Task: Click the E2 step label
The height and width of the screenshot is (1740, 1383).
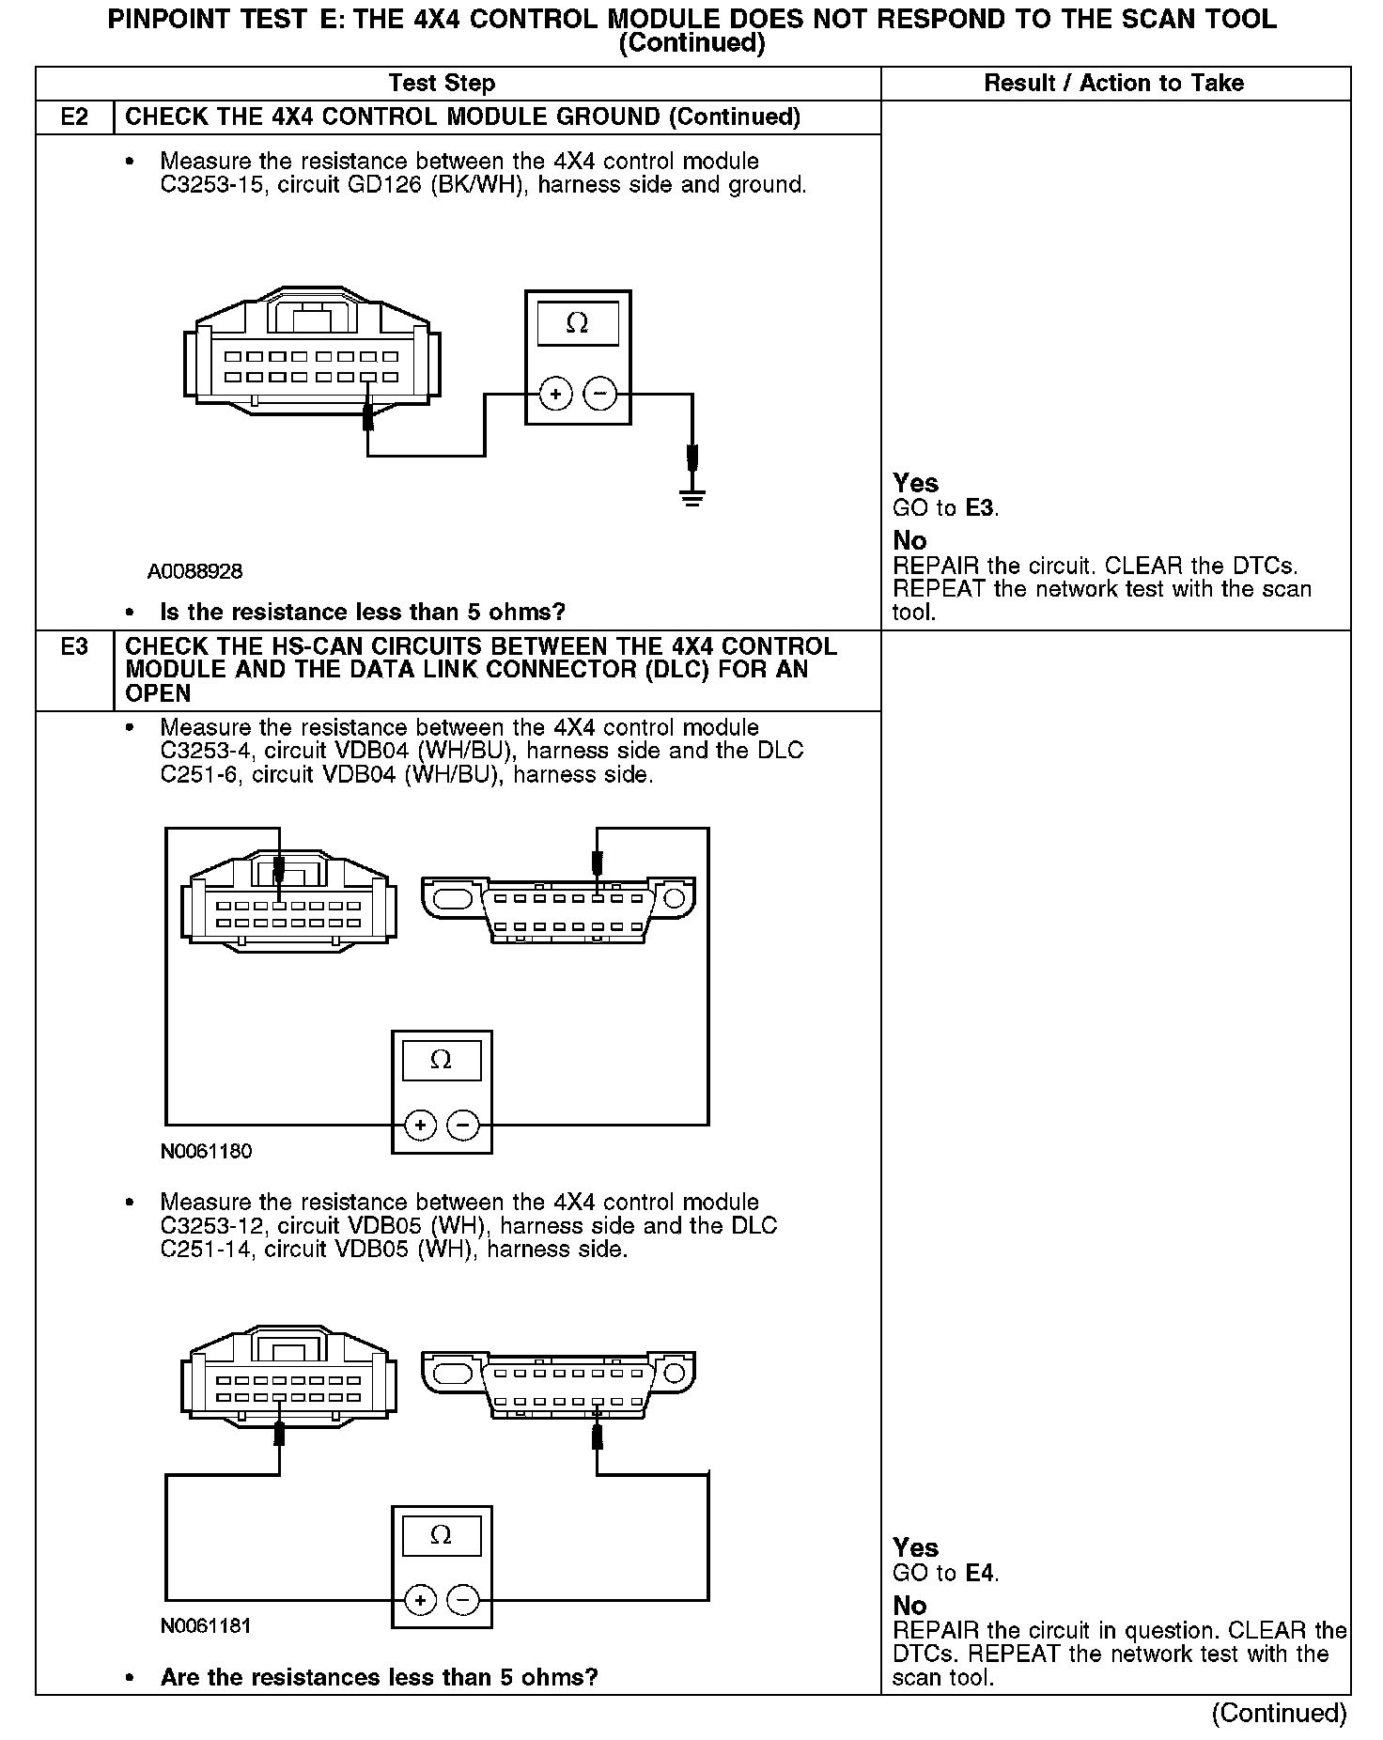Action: (x=74, y=117)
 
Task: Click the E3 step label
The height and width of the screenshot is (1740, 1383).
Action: (x=74, y=646)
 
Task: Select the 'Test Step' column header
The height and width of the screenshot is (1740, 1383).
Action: (x=442, y=84)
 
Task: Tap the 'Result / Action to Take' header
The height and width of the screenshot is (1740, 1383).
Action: (x=1113, y=84)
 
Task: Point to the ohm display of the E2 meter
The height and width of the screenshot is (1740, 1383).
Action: (x=578, y=324)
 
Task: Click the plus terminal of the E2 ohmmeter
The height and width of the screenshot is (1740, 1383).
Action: (x=555, y=394)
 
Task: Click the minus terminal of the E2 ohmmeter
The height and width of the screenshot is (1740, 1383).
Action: (x=601, y=394)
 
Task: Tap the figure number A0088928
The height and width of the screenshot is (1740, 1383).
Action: (x=194, y=571)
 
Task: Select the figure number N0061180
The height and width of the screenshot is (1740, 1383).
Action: (x=206, y=1151)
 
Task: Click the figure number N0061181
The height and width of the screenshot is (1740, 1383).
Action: (x=206, y=1625)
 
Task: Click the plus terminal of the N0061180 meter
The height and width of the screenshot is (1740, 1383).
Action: (x=420, y=1125)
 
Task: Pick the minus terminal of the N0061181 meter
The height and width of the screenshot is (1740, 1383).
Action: (x=462, y=1599)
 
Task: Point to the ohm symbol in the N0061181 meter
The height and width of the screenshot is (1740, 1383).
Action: (x=441, y=1535)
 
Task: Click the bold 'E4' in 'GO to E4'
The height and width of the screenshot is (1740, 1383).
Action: (x=979, y=1573)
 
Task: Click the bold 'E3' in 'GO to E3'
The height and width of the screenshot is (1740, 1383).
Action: (x=980, y=508)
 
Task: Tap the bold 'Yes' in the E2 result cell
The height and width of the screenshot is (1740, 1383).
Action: (x=915, y=483)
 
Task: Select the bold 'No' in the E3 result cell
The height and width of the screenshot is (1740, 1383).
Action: (x=909, y=1606)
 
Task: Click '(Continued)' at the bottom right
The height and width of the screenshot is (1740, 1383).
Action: (x=1279, y=1713)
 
